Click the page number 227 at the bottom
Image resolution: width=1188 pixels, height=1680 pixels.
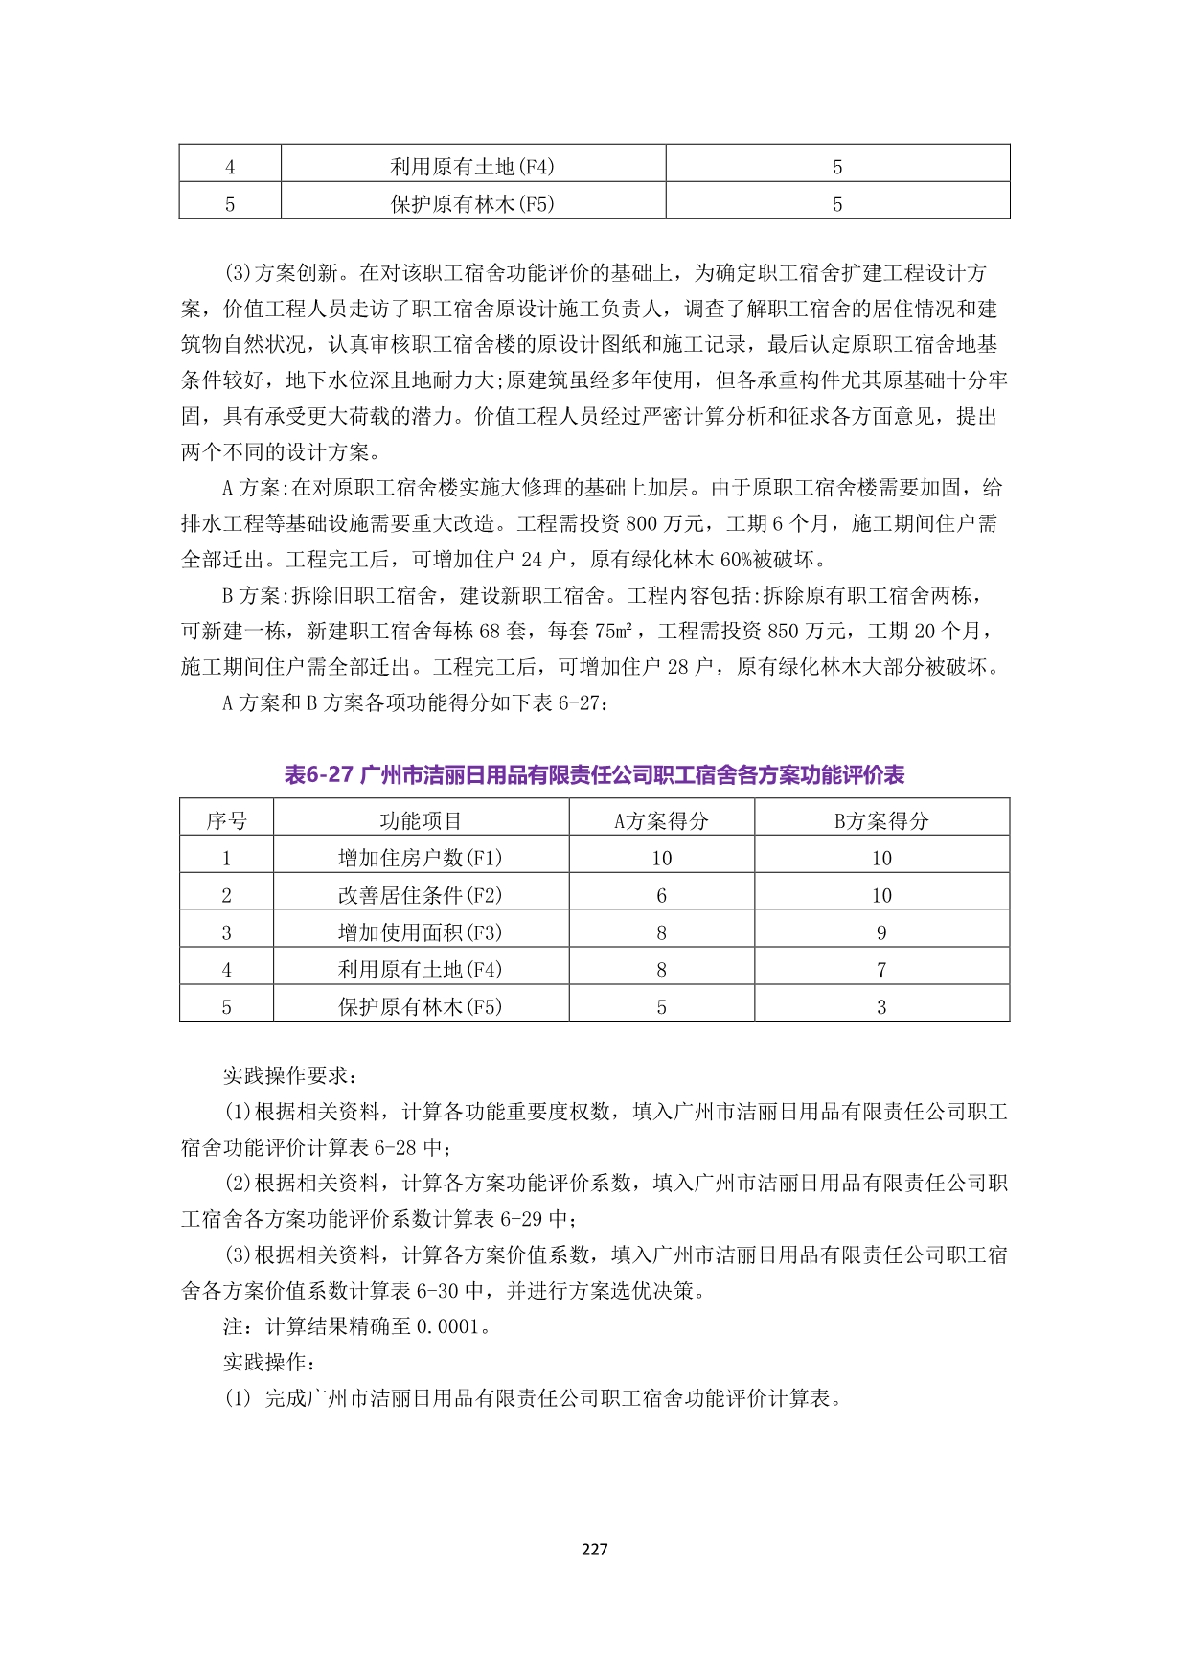(x=594, y=1549)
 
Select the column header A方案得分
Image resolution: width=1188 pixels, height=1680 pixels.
(x=661, y=820)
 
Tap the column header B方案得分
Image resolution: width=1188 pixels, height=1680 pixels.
(x=881, y=820)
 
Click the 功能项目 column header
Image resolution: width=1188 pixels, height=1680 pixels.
(x=421, y=820)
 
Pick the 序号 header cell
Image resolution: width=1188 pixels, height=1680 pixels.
(x=226, y=820)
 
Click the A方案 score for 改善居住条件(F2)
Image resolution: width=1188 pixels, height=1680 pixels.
(x=661, y=895)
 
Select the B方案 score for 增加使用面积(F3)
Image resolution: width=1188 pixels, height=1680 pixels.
(x=881, y=932)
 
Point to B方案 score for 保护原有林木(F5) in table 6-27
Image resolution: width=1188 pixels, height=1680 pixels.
(x=881, y=1007)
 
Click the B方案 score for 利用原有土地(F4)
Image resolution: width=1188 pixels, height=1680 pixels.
(x=881, y=970)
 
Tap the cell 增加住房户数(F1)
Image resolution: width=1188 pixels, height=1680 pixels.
(x=421, y=858)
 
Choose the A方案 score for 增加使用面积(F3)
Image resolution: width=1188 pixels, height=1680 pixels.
(x=661, y=932)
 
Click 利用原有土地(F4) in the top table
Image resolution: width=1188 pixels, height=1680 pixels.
(x=472, y=167)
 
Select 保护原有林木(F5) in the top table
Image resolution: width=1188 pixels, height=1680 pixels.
(x=472, y=204)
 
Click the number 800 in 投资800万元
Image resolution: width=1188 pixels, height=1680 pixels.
(x=641, y=524)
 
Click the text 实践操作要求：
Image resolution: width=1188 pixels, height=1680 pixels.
(x=288, y=1076)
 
